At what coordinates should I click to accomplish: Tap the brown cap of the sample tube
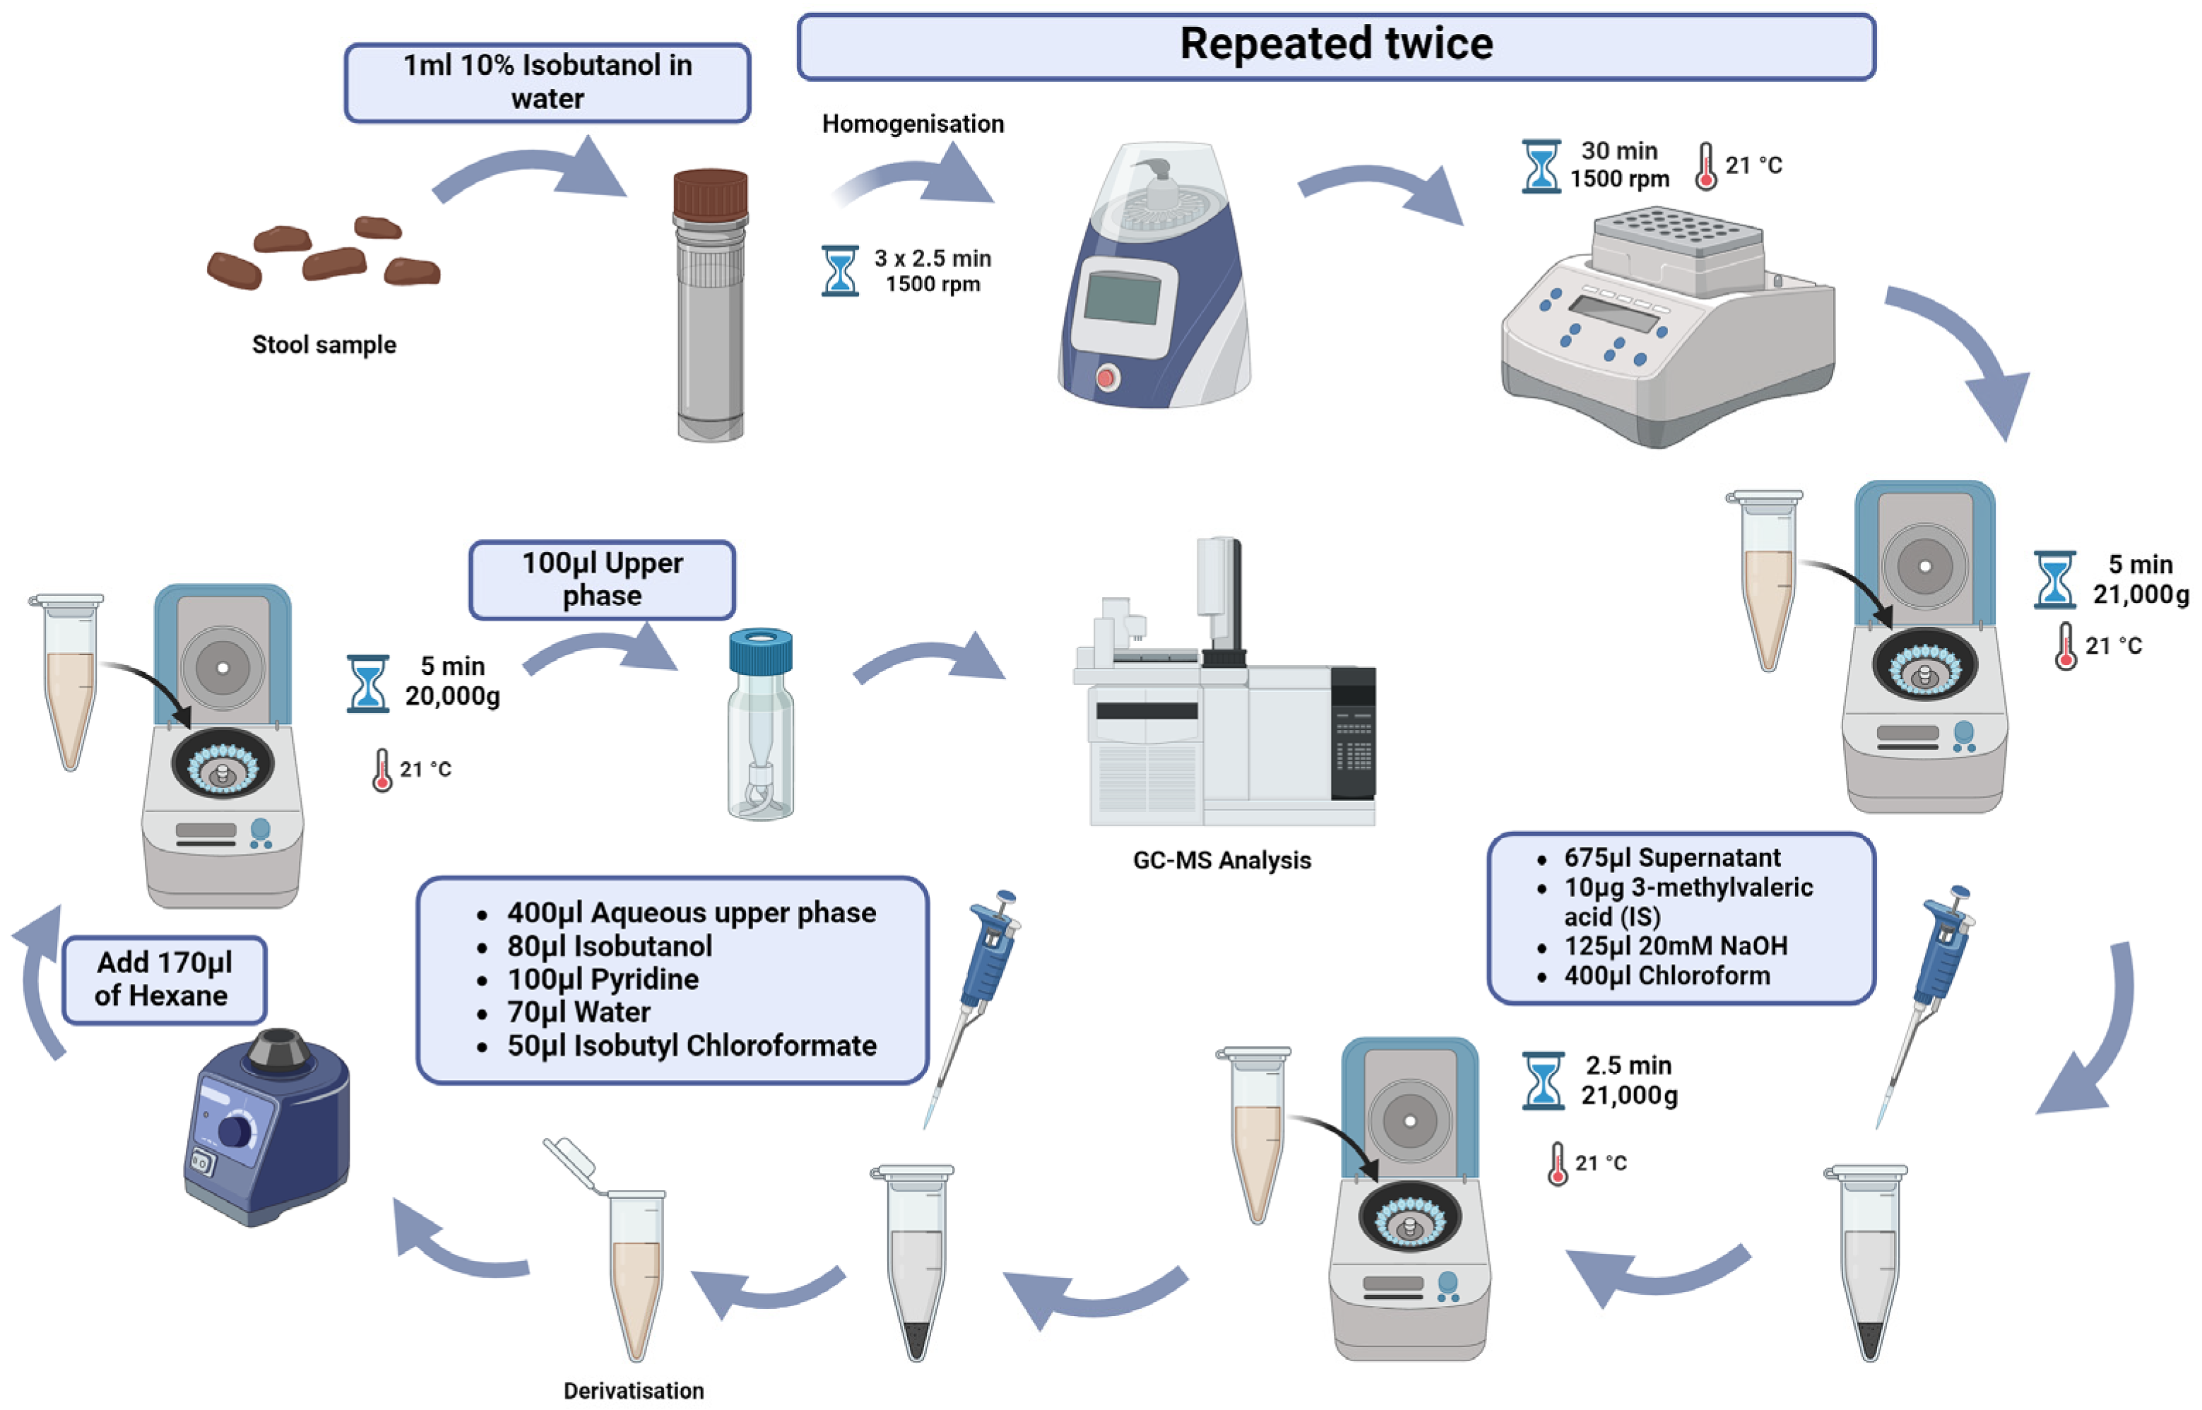point(710,194)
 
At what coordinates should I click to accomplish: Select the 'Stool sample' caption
point(324,345)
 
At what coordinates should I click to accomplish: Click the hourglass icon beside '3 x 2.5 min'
point(839,271)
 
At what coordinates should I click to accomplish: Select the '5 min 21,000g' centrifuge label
point(2139,579)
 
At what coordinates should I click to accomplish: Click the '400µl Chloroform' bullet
point(1666,976)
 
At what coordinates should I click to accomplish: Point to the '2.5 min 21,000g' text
point(1628,1081)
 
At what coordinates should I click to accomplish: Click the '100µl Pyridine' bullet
point(602,980)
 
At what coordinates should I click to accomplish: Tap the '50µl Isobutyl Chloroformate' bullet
point(691,1045)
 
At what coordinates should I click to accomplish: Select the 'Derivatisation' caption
point(633,1391)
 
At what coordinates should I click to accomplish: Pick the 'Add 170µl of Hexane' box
point(164,980)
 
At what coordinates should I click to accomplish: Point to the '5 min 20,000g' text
point(452,681)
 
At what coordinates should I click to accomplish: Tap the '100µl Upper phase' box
point(601,580)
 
